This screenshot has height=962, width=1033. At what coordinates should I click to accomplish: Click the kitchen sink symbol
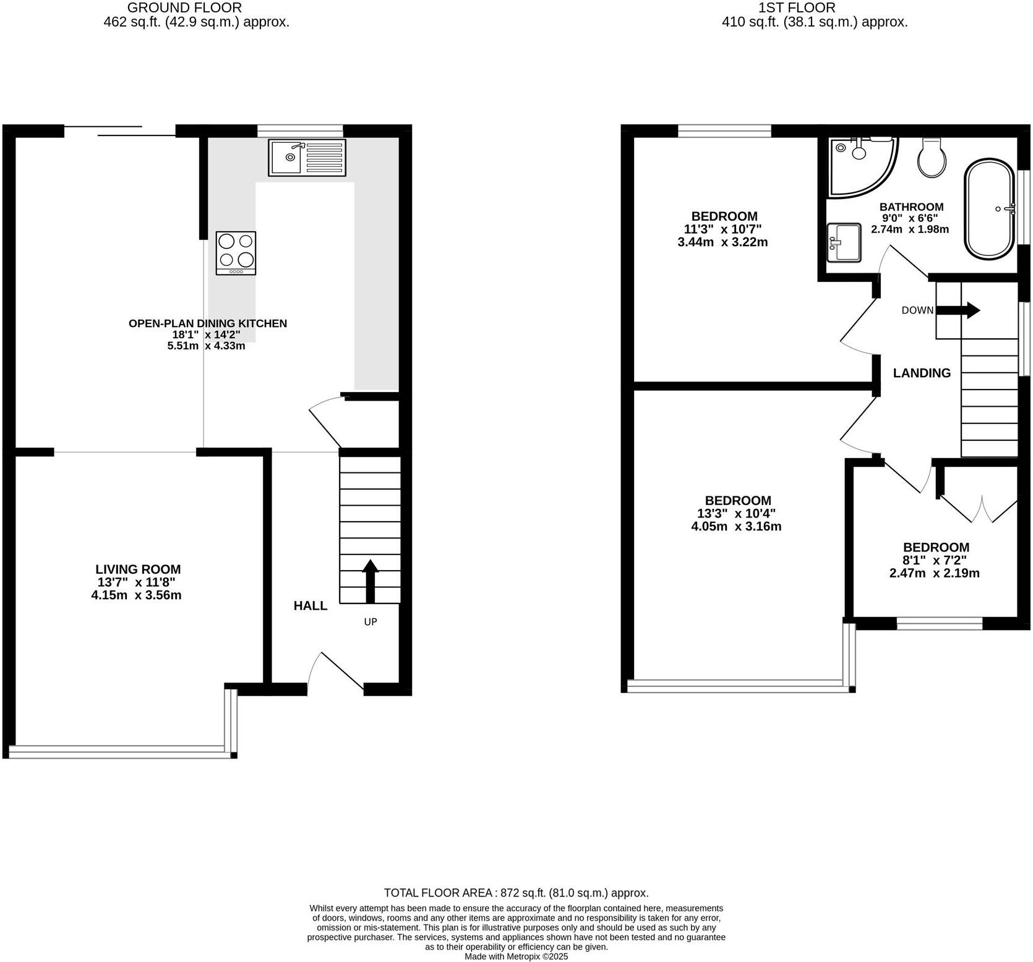click(307, 157)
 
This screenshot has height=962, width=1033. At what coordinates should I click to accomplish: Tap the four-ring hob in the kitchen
click(236, 253)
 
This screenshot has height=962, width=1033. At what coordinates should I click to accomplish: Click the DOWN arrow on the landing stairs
click(959, 310)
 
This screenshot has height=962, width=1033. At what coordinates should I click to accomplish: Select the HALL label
click(310, 606)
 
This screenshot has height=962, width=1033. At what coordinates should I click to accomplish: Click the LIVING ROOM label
click(138, 569)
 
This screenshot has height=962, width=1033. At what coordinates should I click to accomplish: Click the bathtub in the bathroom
click(988, 209)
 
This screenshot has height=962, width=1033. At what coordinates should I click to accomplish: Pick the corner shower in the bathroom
click(859, 164)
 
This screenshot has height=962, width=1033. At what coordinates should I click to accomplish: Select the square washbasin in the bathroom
click(844, 242)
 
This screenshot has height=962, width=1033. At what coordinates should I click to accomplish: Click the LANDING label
click(922, 373)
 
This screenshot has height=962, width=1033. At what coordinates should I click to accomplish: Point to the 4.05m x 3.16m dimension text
click(735, 527)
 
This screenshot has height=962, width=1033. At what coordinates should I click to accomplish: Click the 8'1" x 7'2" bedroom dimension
click(935, 560)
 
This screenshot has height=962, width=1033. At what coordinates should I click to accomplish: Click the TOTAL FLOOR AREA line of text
click(516, 893)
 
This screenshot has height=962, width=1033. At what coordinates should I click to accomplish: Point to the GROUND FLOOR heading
click(184, 8)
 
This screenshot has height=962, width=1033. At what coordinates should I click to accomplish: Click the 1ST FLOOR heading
click(797, 8)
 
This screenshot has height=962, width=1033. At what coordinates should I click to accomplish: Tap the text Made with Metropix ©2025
click(516, 956)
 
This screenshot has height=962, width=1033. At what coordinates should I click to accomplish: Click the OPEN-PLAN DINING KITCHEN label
click(207, 323)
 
